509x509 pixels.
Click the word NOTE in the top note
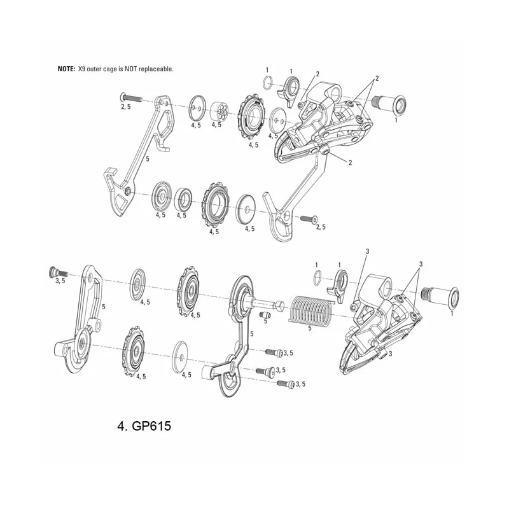pos(66,68)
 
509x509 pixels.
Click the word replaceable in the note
pos(153,68)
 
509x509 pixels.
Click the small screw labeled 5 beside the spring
pos(265,312)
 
